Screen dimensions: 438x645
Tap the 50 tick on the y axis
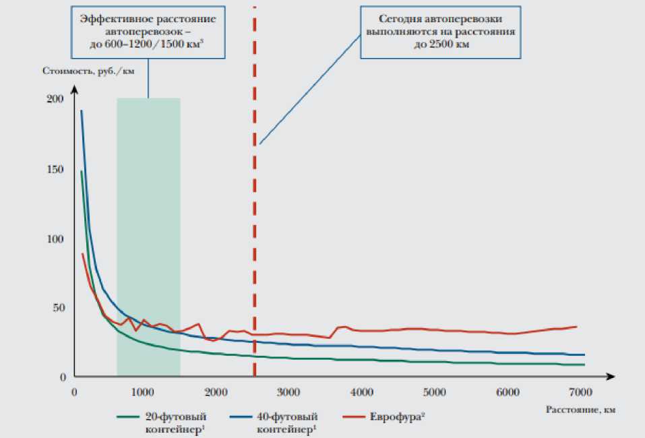(58, 307)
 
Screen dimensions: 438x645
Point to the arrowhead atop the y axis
(75, 88)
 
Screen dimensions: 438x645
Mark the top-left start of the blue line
(82, 111)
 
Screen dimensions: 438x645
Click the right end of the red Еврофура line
(576, 327)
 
